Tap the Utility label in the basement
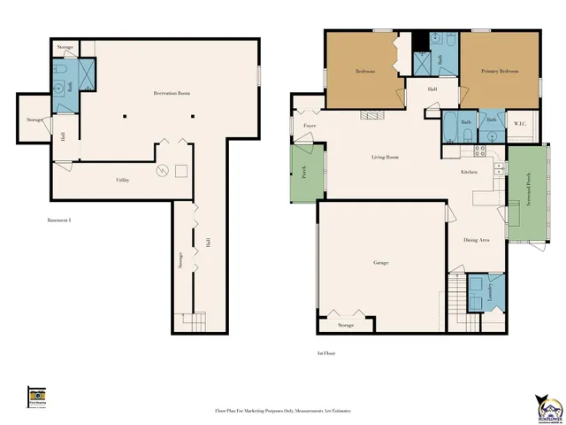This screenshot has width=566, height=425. [x=123, y=180]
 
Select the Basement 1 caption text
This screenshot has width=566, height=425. [x=58, y=220]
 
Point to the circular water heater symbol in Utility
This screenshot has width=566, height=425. [x=162, y=170]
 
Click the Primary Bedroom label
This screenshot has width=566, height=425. [x=500, y=71]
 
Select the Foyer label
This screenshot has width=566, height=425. [x=310, y=126]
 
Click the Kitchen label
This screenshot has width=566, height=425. [x=470, y=172]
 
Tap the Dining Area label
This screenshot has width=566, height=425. [x=477, y=240]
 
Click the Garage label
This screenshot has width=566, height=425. [x=381, y=263]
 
